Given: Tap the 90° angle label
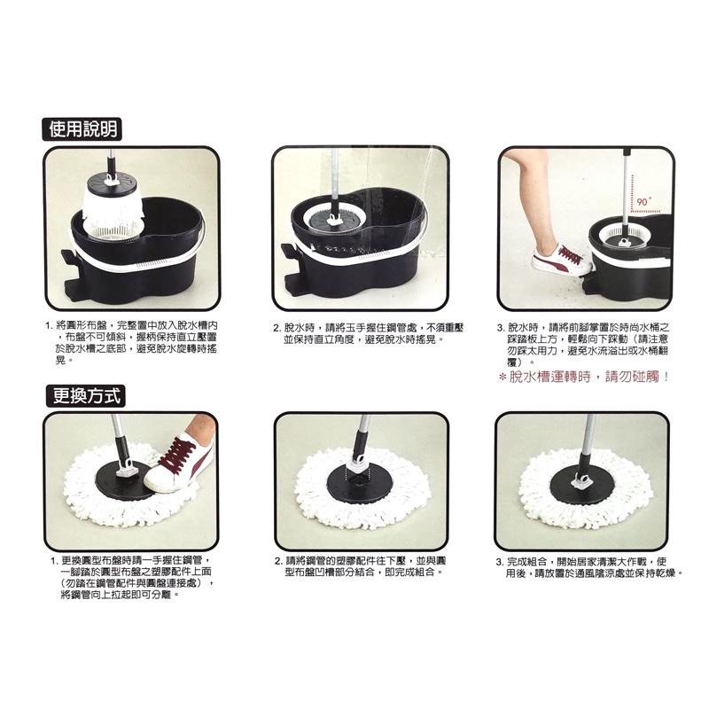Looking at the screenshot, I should coord(643,202).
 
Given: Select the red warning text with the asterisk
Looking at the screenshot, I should coord(581,376).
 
